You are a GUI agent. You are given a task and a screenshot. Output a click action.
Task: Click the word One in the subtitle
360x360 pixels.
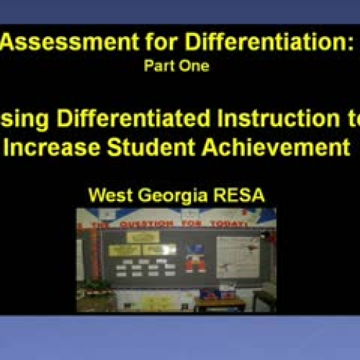(x=195, y=66)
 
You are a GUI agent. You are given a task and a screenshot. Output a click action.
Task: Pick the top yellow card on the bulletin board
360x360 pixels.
(x=143, y=237)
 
